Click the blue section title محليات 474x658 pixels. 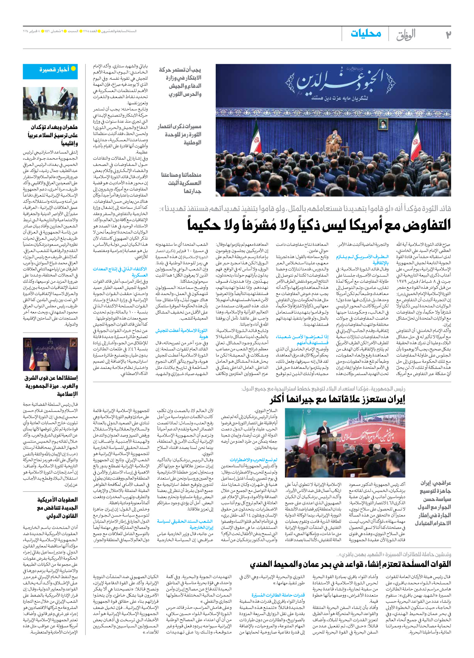tap(366, 33)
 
